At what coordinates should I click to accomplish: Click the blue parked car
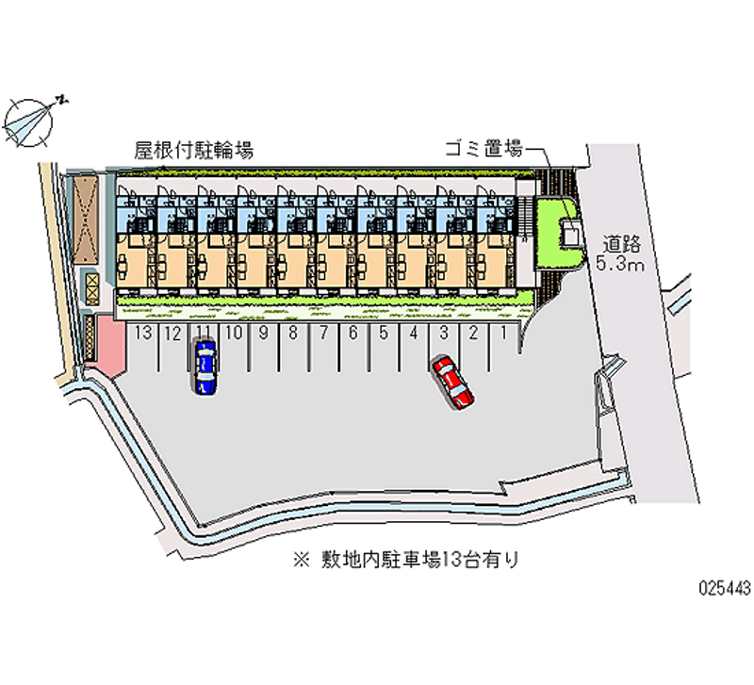click(x=205, y=367)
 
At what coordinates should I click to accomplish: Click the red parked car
click(x=453, y=383)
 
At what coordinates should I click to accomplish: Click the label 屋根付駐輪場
click(x=194, y=151)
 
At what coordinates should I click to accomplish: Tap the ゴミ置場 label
click(x=484, y=149)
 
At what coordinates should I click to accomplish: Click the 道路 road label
click(x=622, y=244)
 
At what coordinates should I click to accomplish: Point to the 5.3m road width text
click(x=620, y=264)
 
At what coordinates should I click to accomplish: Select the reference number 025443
click(x=725, y=587)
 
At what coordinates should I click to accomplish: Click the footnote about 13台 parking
click(x=406, y=560)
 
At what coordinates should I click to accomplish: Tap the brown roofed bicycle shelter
click(x=86, y=220)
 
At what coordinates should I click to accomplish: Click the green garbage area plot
click(x=559, y=233)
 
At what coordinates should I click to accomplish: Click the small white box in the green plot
click(x=571, y=233)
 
